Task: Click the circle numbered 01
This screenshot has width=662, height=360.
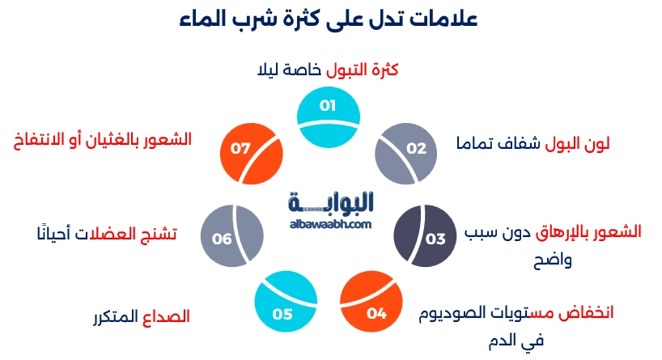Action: tap(328, 117)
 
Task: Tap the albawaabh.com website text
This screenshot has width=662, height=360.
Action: tap(330, 224)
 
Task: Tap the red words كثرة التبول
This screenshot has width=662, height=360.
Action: tap(362, 70)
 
